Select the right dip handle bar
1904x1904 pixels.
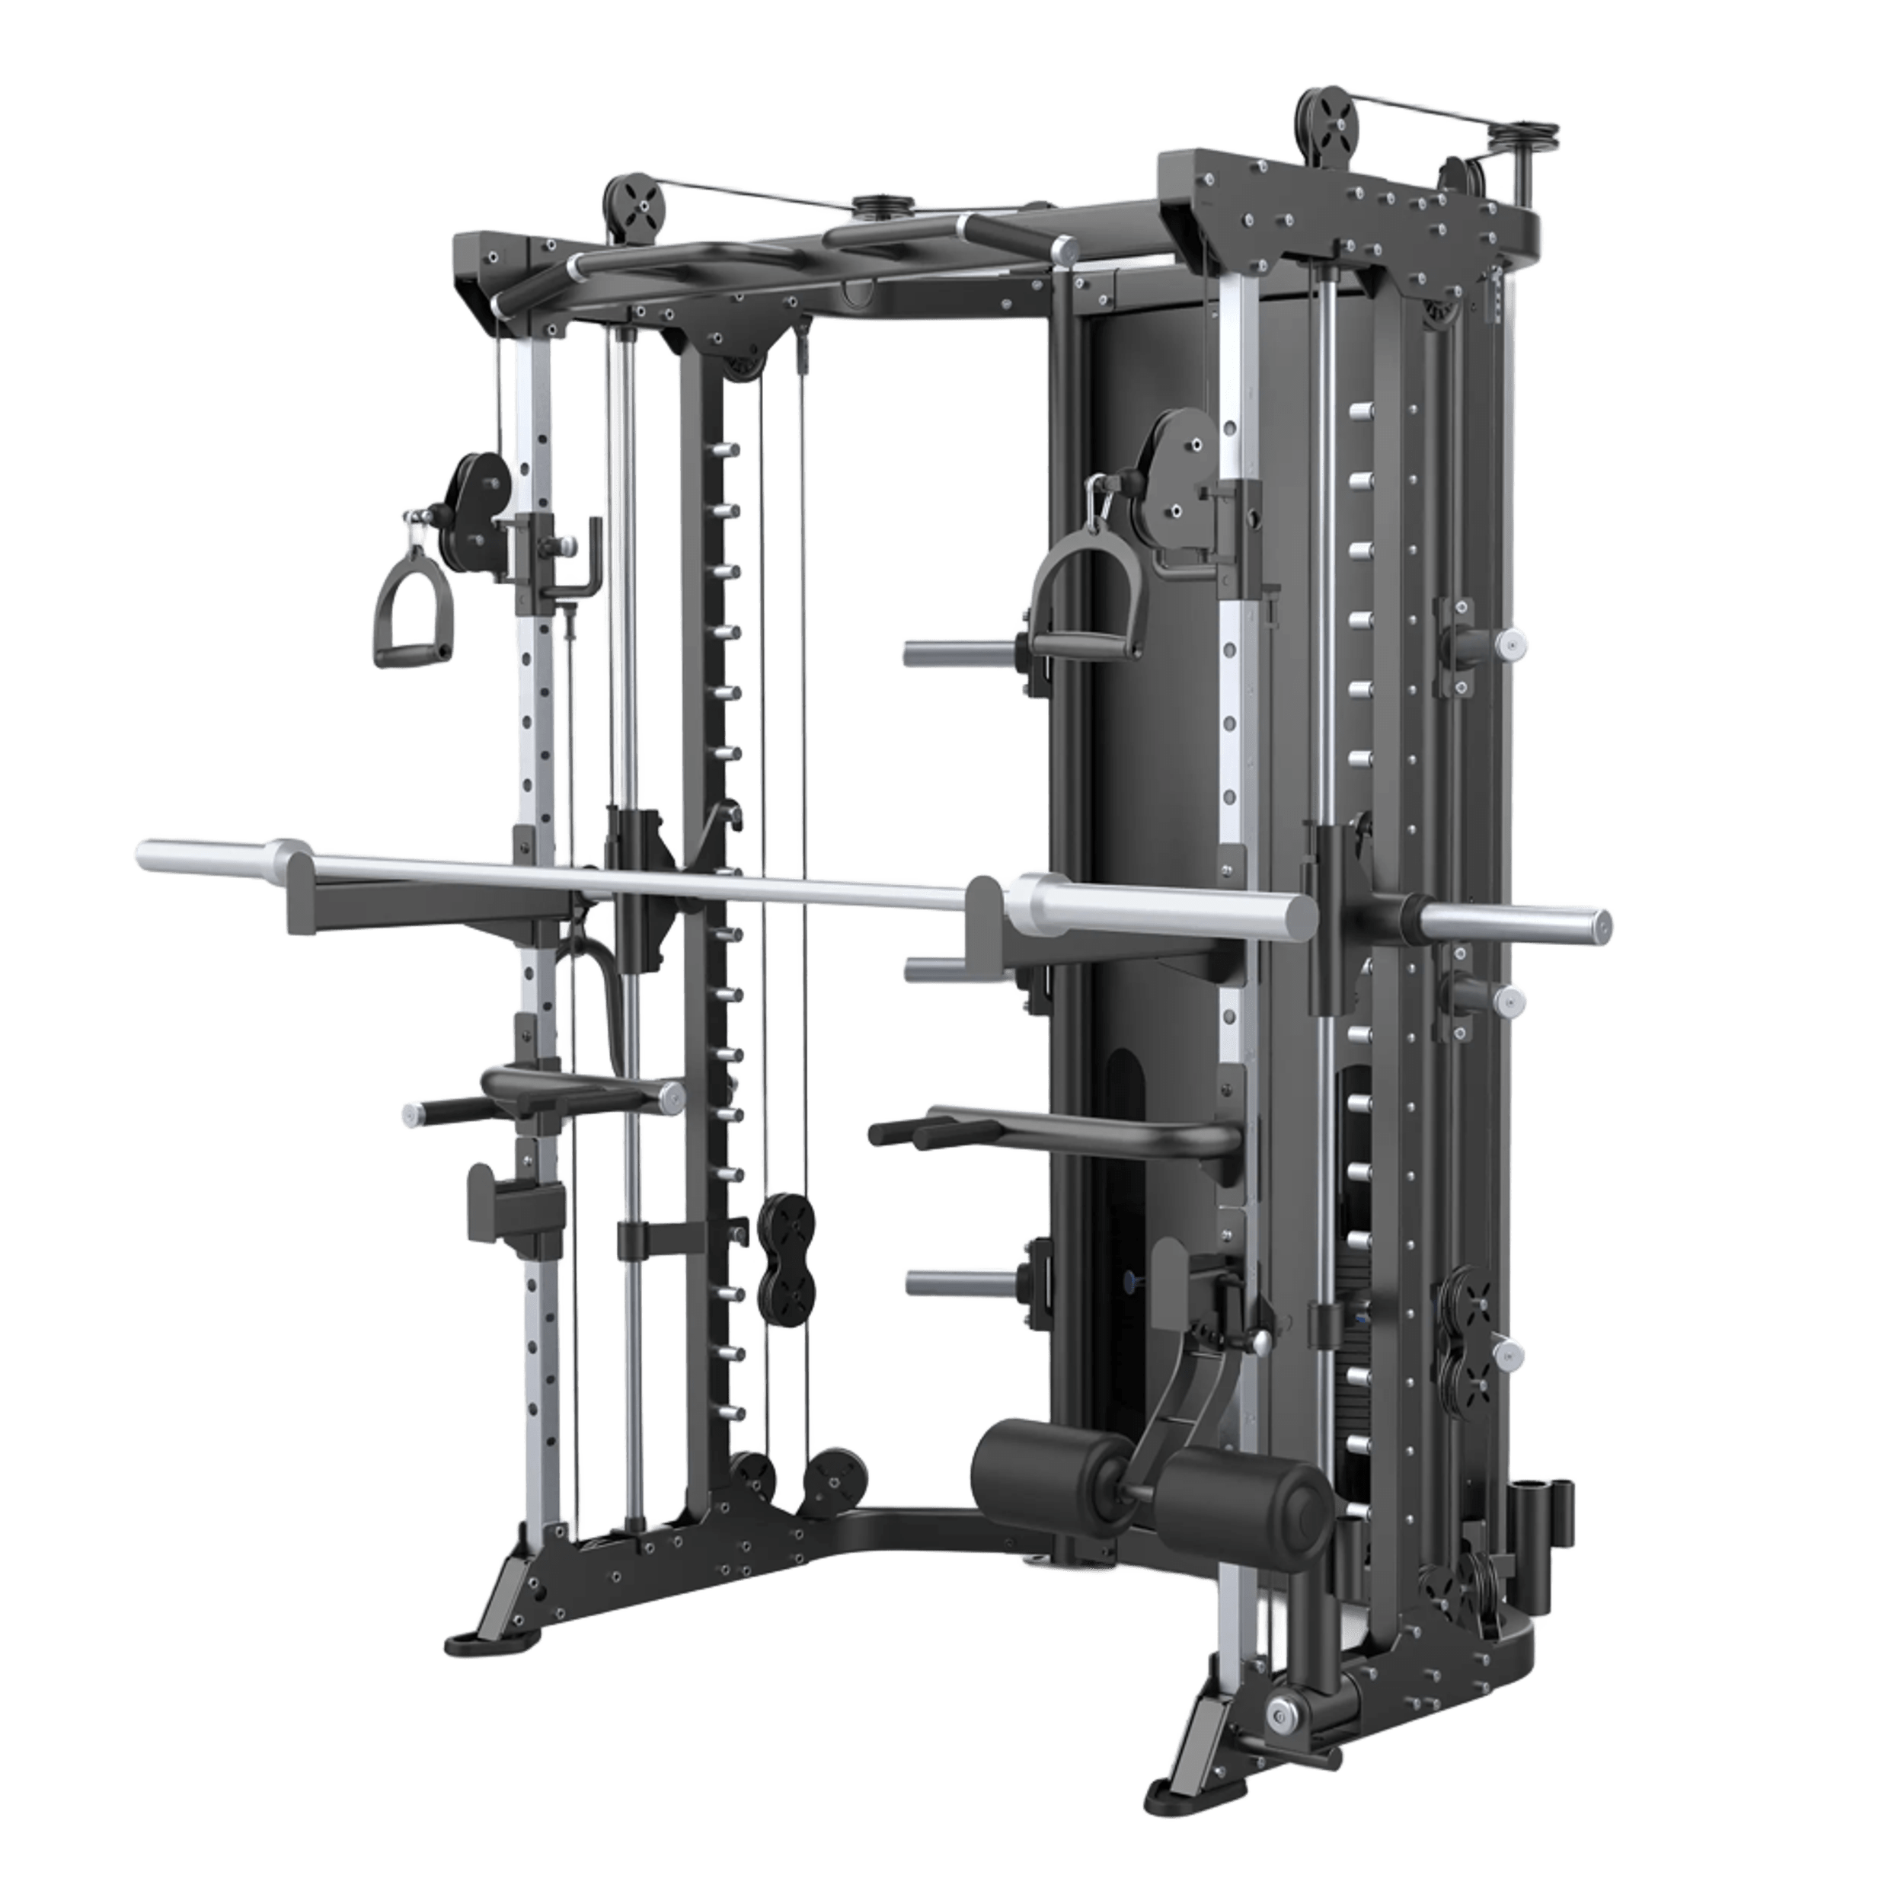point(1055,1133)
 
